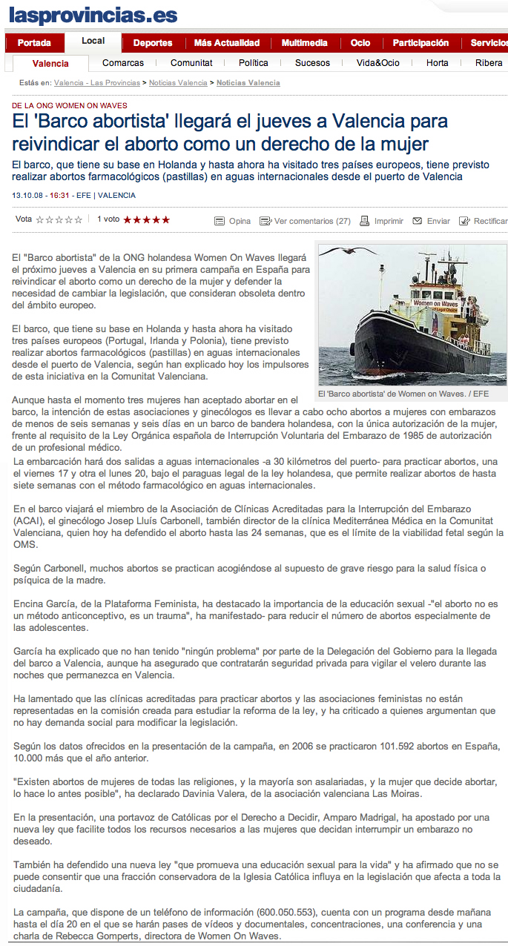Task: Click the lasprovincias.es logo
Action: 93,15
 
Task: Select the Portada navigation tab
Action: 34,43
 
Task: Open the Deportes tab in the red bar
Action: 153,43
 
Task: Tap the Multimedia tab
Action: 304,43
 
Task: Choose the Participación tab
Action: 420,43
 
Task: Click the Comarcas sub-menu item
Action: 123,63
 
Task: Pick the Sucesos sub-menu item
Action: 312,63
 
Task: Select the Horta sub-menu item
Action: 438,63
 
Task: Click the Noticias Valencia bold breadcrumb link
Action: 248,83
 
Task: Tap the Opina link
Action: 240,221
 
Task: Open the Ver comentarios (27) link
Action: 312,221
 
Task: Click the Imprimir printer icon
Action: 365,221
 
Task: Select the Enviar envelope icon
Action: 418,221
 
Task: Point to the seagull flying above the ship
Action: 344,251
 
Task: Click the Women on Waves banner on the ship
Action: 435,304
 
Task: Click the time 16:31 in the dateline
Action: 60,195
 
